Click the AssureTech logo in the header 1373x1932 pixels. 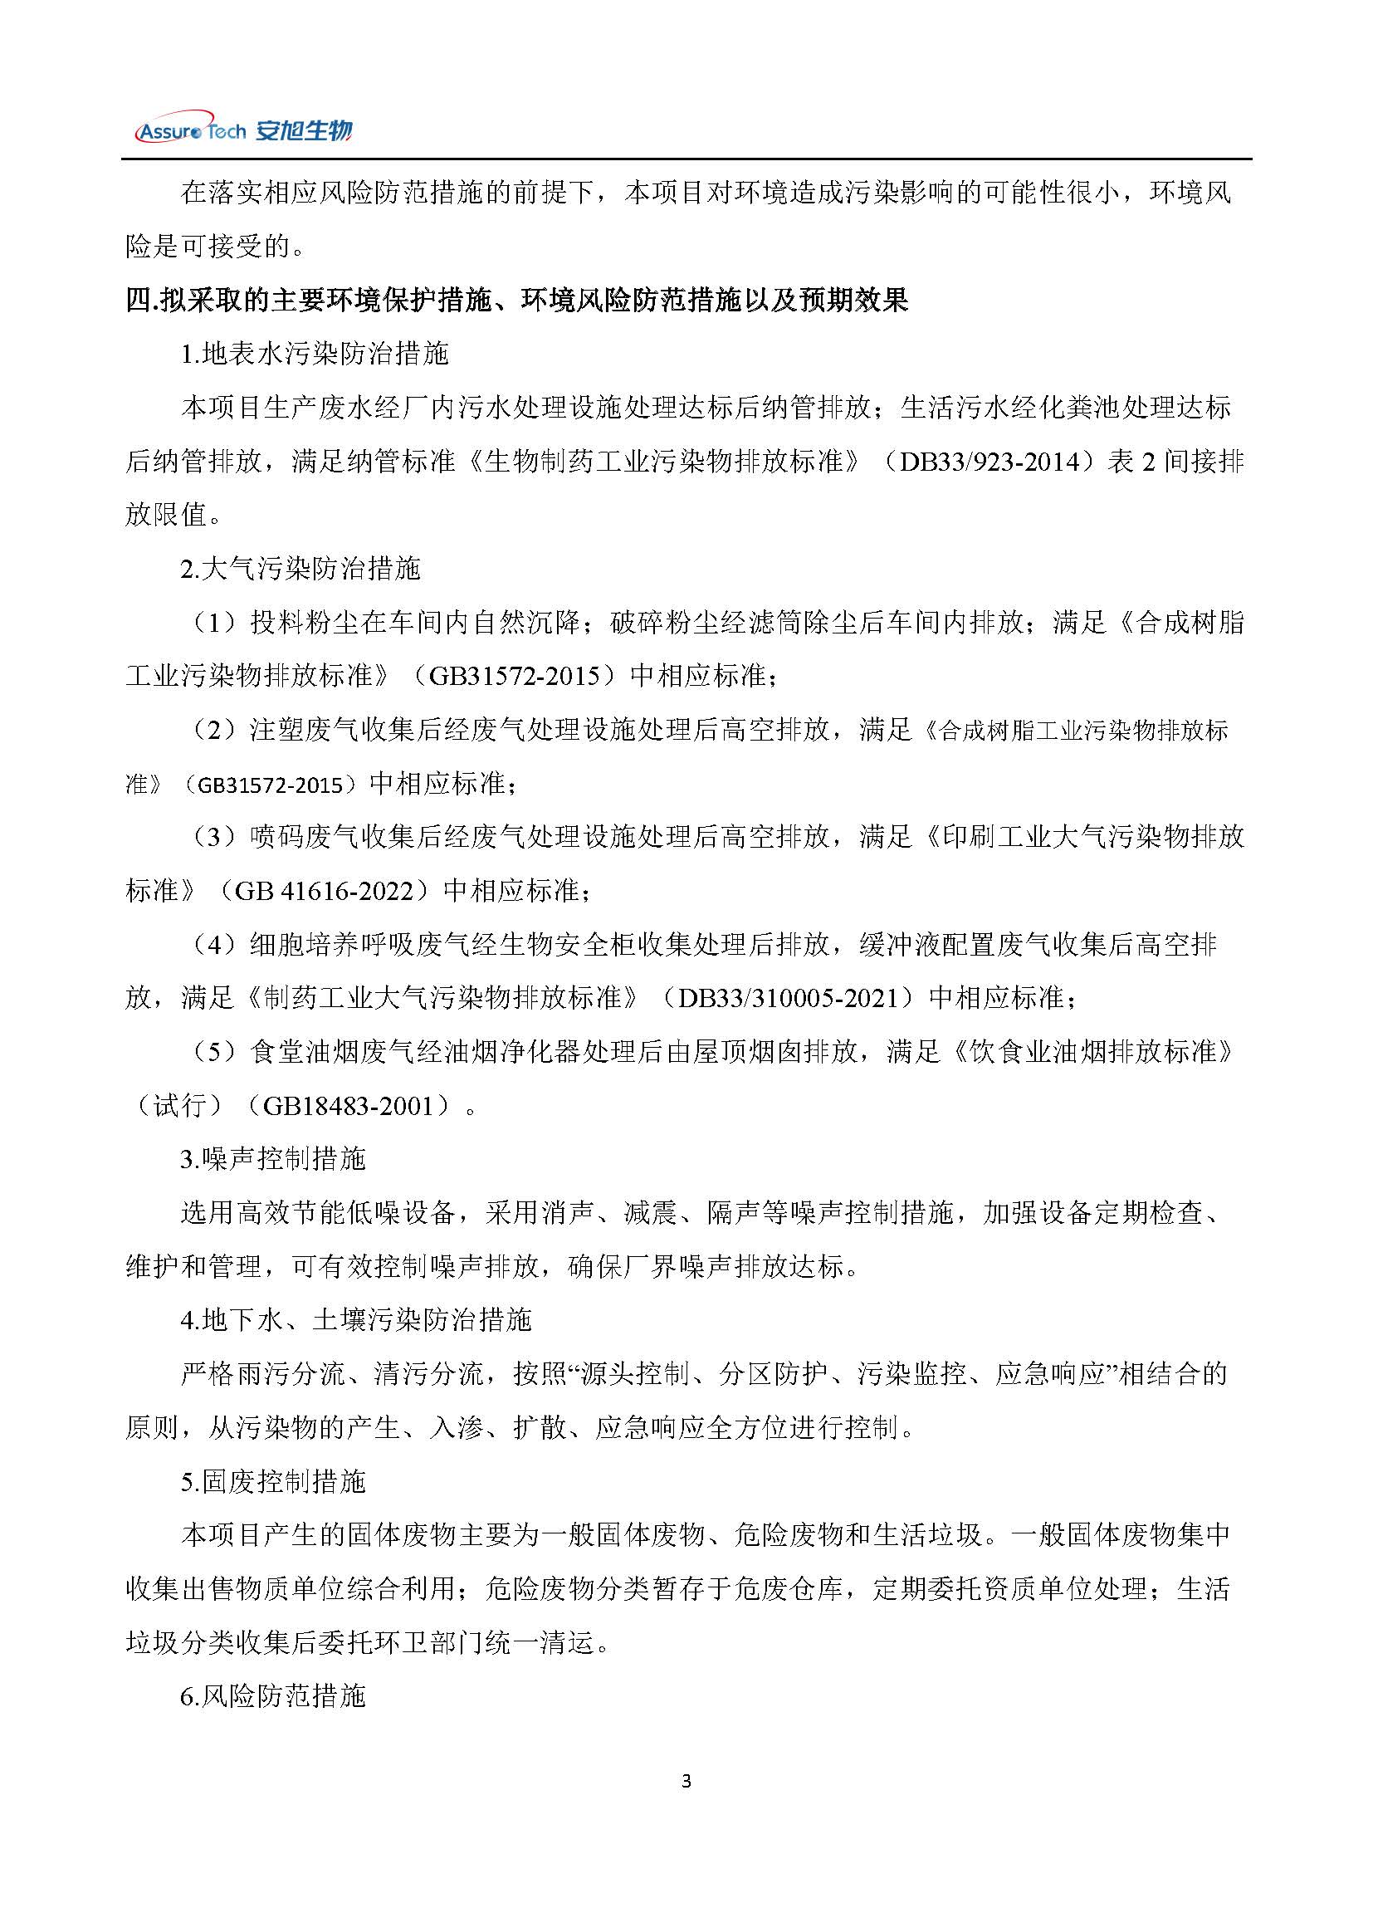243,130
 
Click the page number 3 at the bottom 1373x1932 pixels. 686,1782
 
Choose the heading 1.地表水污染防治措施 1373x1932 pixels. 314,354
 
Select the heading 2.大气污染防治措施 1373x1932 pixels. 300,569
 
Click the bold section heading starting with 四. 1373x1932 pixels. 516,300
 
